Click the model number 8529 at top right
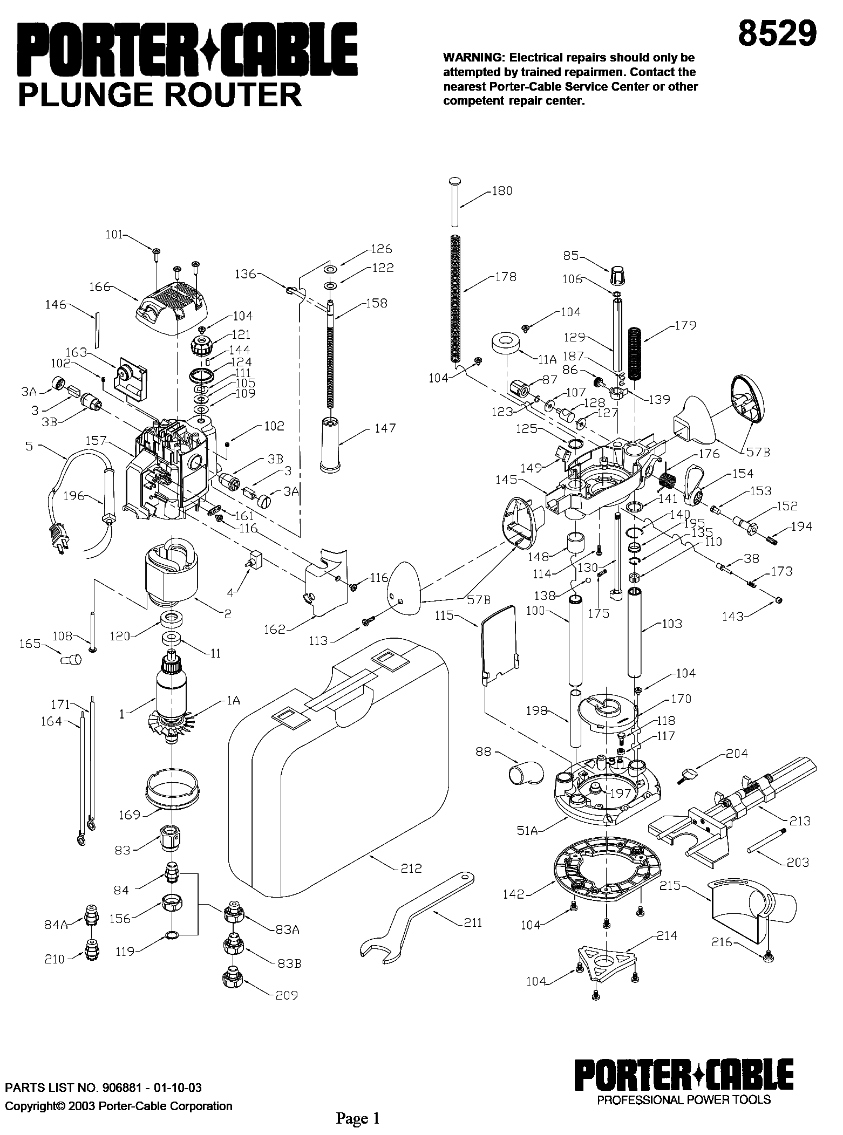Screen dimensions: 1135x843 777,33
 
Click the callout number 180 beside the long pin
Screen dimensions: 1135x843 502,191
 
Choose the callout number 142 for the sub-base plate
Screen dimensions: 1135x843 513,894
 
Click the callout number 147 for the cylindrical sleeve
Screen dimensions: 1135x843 385,428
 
